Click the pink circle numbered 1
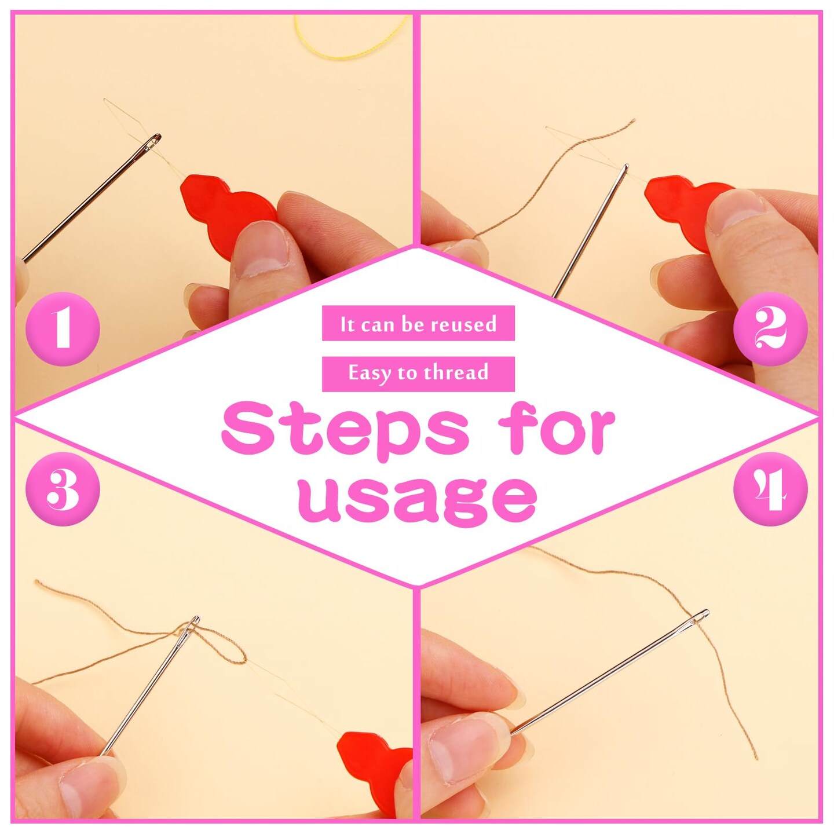coord(63,330)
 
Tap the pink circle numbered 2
coord(770,330)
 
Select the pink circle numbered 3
coord(63,489)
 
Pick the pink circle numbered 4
coord(770,489)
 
